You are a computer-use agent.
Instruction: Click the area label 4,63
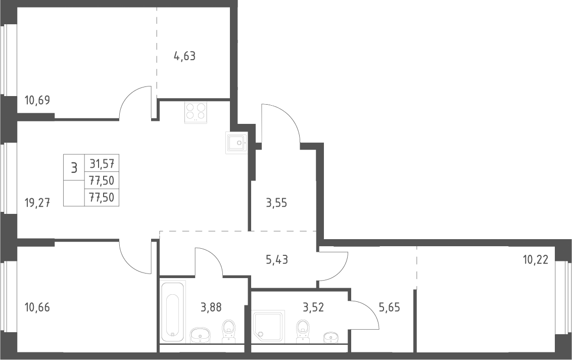tap(185, 56)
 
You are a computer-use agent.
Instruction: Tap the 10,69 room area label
tap(37, 100)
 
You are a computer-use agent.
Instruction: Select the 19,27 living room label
tap(37, 202)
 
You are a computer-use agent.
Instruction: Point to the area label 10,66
tap(37, 307)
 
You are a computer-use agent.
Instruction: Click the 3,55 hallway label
tap(276, 203)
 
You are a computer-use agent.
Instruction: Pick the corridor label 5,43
tap(277, 259)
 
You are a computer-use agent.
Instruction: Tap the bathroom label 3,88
tap(211, 307)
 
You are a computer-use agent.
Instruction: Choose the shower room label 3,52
tap(313, 307)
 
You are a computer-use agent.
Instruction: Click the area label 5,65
tap(389, 307)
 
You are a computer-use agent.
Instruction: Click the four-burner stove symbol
tap(196, 111)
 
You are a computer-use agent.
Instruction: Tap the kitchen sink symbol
tap(236, 143)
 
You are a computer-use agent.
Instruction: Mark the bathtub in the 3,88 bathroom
tap(173, 311)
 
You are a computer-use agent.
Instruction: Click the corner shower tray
tap(267, 326)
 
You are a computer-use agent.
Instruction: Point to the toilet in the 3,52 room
tap(303, 332)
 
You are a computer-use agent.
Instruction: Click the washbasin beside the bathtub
tap(200, 335)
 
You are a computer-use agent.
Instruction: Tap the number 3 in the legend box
tap(74, 168)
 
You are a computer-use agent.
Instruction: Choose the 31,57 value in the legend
tap(102, 164)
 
